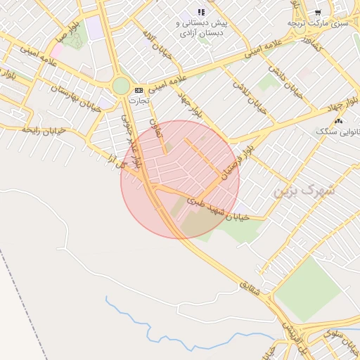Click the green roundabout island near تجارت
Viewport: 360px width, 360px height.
click(x=121, y=86)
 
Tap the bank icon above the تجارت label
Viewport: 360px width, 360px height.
click(x=139, y=90)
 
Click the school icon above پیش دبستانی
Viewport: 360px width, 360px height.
click(x=201, y=12)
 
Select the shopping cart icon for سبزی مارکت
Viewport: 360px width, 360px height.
click(x=318, y=13)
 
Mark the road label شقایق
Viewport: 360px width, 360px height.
click(x=250, y=288)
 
